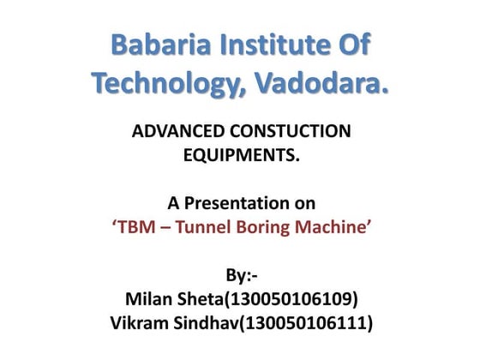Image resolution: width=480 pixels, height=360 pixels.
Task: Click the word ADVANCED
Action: point(176,132)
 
